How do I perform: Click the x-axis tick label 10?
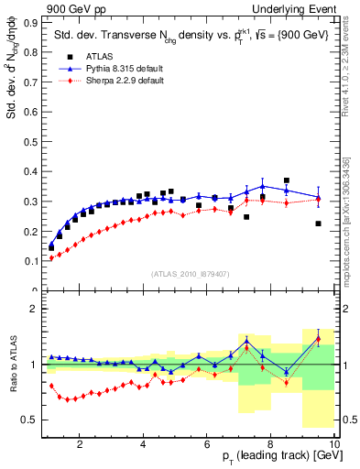point(334,444)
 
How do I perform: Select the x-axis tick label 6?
point(207,444)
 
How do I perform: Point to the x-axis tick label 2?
point(80,444)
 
